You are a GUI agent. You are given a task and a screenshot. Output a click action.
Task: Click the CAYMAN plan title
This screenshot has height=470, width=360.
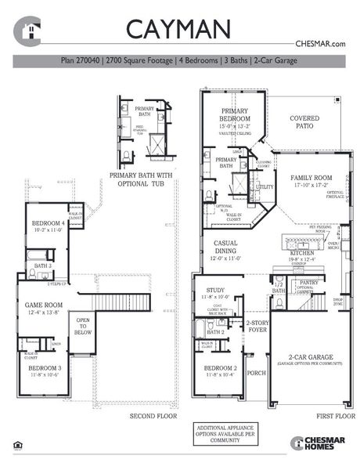coord(178,29)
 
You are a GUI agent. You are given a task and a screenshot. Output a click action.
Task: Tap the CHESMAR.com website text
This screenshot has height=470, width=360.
coord(320,45)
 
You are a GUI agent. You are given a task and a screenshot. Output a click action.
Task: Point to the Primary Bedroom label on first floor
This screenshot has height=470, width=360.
coord(234,116)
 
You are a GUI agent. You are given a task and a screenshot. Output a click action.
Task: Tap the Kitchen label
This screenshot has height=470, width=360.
coord(301,254)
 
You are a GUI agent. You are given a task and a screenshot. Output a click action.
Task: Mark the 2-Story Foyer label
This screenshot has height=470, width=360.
coord(257,326)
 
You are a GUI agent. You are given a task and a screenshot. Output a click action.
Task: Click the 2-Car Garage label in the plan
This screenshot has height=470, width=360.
coord(306,356)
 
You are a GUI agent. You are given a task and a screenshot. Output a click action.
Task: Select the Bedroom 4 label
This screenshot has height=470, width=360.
coord(49,226)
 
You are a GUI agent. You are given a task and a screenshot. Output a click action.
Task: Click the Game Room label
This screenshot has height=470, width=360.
coord(42,308)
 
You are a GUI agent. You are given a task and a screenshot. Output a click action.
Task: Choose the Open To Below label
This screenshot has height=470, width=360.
coord(82,326)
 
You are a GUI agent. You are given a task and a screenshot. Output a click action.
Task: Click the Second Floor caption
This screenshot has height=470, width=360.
coord(150,416)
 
